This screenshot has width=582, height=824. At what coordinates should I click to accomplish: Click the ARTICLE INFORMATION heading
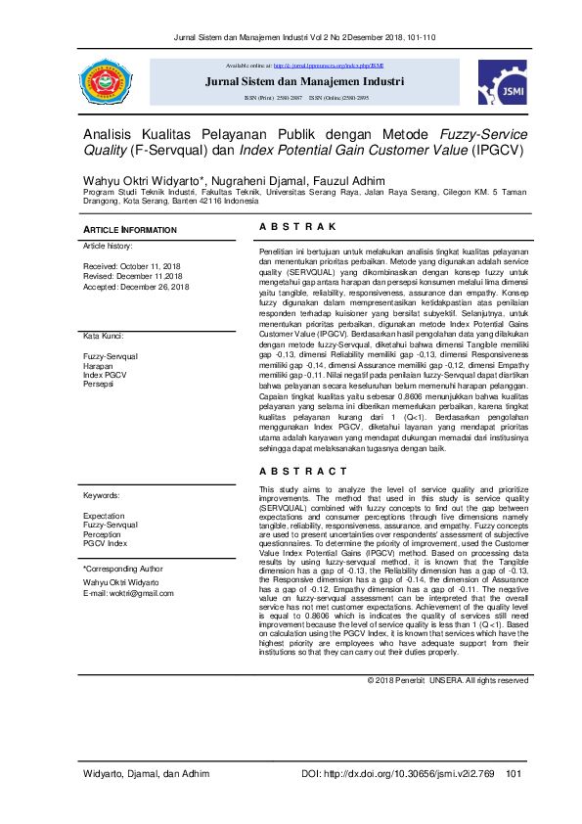(130, 230)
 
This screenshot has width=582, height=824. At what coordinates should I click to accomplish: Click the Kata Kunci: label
(103, 336)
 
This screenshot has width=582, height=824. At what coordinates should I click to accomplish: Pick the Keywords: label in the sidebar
(102, 496)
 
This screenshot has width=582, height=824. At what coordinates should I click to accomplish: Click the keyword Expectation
(104, 515)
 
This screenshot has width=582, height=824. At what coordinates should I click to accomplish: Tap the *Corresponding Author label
(122, 568)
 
